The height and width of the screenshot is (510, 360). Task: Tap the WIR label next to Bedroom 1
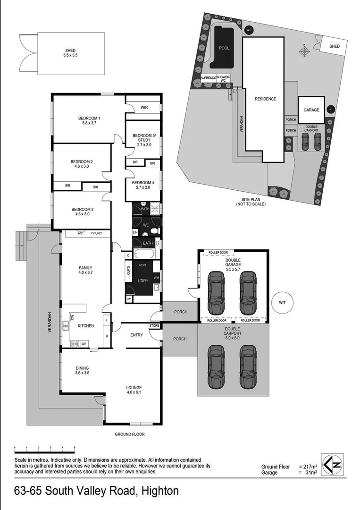pos(144,108)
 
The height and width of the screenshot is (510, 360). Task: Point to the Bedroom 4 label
pos(142,185)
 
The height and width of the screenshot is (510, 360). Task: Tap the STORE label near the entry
pos(154,326)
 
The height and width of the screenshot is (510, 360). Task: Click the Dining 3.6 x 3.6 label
pos(83,370)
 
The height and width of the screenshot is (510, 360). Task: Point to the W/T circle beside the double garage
pos(282,302)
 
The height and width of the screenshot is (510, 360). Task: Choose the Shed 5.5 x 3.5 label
pos(70,53)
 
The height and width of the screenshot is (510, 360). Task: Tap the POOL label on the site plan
pos(224,48)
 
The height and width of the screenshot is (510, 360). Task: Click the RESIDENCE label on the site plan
pos(265,99)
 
